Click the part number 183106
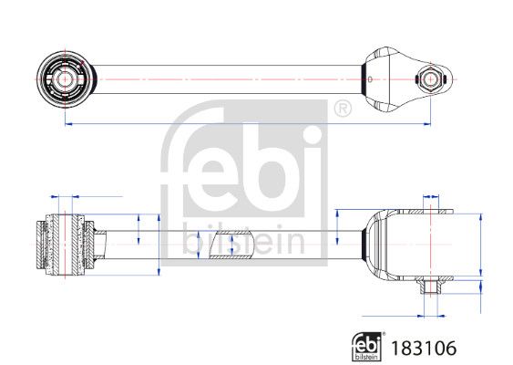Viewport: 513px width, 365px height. click(424, 348)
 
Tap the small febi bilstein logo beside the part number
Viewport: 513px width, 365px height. click(368, 347)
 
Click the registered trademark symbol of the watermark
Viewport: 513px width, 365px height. click(343, 109)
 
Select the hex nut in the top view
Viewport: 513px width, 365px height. click(429, 79)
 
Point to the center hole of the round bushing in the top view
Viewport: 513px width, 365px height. click(65, 79)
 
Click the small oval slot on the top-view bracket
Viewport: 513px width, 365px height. click(370, 79)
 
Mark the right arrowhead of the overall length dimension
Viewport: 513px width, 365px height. click(427, 124)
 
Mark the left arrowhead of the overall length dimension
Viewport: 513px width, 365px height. click(68, 124)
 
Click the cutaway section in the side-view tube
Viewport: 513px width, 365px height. click(232, 245)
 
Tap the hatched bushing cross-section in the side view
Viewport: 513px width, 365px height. click(66, 245)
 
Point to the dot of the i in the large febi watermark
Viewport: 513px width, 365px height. click(309, 135)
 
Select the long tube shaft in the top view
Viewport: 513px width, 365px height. click(227, 79)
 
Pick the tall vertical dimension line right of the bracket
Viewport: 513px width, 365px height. click(480, 245)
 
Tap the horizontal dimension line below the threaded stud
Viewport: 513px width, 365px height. click(404, 317)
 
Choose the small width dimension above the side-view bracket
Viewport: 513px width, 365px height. click(431, 197)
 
